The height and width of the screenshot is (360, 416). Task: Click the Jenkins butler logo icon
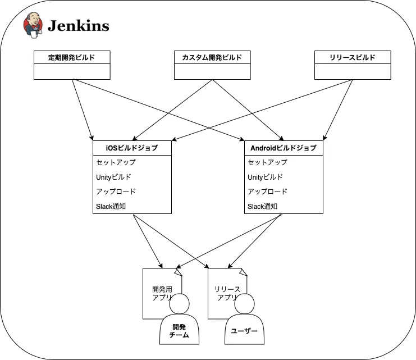pos(32,25)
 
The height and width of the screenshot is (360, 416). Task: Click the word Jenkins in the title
pos(78,26)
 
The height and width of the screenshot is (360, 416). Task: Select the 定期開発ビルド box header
pos(72,57)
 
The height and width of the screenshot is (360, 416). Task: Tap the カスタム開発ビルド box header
pos(212,57)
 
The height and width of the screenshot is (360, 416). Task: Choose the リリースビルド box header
pos(353,57)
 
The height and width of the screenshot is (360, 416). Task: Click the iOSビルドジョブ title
pos(132,148)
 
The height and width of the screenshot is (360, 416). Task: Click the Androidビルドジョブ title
pos(284,148)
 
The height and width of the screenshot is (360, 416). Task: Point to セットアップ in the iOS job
pos(116,162)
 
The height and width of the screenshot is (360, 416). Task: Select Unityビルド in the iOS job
pos(114,177)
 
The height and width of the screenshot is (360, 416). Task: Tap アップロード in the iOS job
pos(116,192)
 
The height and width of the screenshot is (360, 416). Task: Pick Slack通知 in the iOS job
pos(111,206)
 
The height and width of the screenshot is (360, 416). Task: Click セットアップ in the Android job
pos(268,162)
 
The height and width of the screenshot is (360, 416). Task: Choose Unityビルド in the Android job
pos(266,177)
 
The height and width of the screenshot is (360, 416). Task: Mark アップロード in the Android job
pos(268,192)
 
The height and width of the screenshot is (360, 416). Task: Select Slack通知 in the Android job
pos(263,206)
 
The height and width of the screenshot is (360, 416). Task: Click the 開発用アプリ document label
pos(161,293)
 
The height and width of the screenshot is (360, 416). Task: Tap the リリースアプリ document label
pos(227,293)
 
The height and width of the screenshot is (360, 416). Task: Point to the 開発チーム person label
pos(179,331)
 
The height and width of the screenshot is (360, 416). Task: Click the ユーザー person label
pos(244,331)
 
